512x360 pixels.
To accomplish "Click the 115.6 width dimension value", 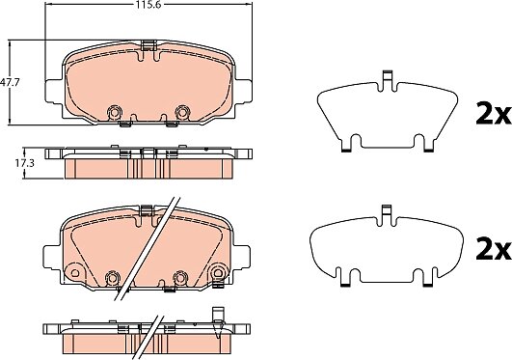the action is [148, 4].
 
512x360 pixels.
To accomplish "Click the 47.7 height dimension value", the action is [10, 82].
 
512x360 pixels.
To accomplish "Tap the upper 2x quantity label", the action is [493, 114].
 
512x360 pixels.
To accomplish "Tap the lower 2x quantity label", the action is [493, 249].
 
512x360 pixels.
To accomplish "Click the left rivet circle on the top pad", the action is [115, 112].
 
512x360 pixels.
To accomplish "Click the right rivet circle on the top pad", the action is [181, 112].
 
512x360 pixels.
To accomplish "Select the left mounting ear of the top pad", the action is [54, 92].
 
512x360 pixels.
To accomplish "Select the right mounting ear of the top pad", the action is [243, 91].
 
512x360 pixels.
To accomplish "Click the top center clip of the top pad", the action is [148, 45].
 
